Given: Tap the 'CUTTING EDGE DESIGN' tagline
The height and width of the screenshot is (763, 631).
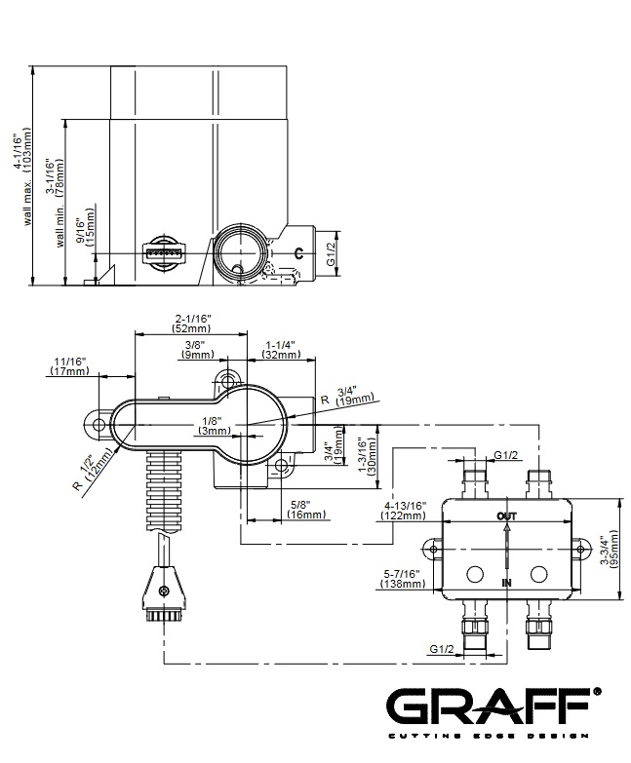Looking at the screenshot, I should (x=491, y=734).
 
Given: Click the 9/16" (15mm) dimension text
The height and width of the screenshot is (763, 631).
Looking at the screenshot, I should (x=91, y=227).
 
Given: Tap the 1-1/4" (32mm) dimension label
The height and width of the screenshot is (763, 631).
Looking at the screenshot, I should (x=280, y=350).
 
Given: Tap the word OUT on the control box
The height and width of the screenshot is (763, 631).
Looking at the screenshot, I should (x=506, y=515).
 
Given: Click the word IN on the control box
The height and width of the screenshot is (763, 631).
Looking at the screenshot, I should (x=506, y=582).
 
